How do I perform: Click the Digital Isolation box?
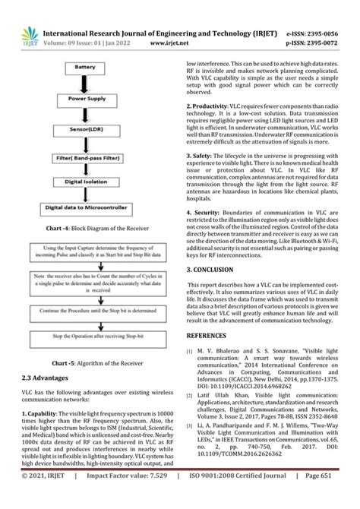click(90, 182)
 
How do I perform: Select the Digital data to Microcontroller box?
click(90, 207)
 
